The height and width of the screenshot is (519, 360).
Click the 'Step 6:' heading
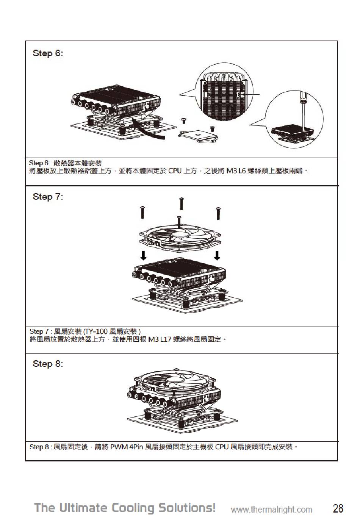(x=48, y=53)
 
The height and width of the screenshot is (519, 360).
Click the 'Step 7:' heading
(x=48, y=197)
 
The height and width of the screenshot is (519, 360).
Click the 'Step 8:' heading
(x=48, y=364)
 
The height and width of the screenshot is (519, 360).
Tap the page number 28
(x=338, y=508)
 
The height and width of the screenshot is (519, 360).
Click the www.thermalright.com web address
(x=271, y=510)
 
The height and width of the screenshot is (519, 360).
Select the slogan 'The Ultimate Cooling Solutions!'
(x=125, y=508)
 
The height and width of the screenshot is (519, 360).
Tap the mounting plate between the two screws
(x=198, y=134)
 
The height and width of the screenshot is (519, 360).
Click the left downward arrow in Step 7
(x=143, y=255)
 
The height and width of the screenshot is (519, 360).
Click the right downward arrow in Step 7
(x=217, y=255)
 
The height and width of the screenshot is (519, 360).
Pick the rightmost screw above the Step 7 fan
(x=218, y=213)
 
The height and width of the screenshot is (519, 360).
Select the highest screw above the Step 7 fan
(x=181, y=203)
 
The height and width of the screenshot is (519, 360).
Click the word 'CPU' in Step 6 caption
(x=175, y=171)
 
